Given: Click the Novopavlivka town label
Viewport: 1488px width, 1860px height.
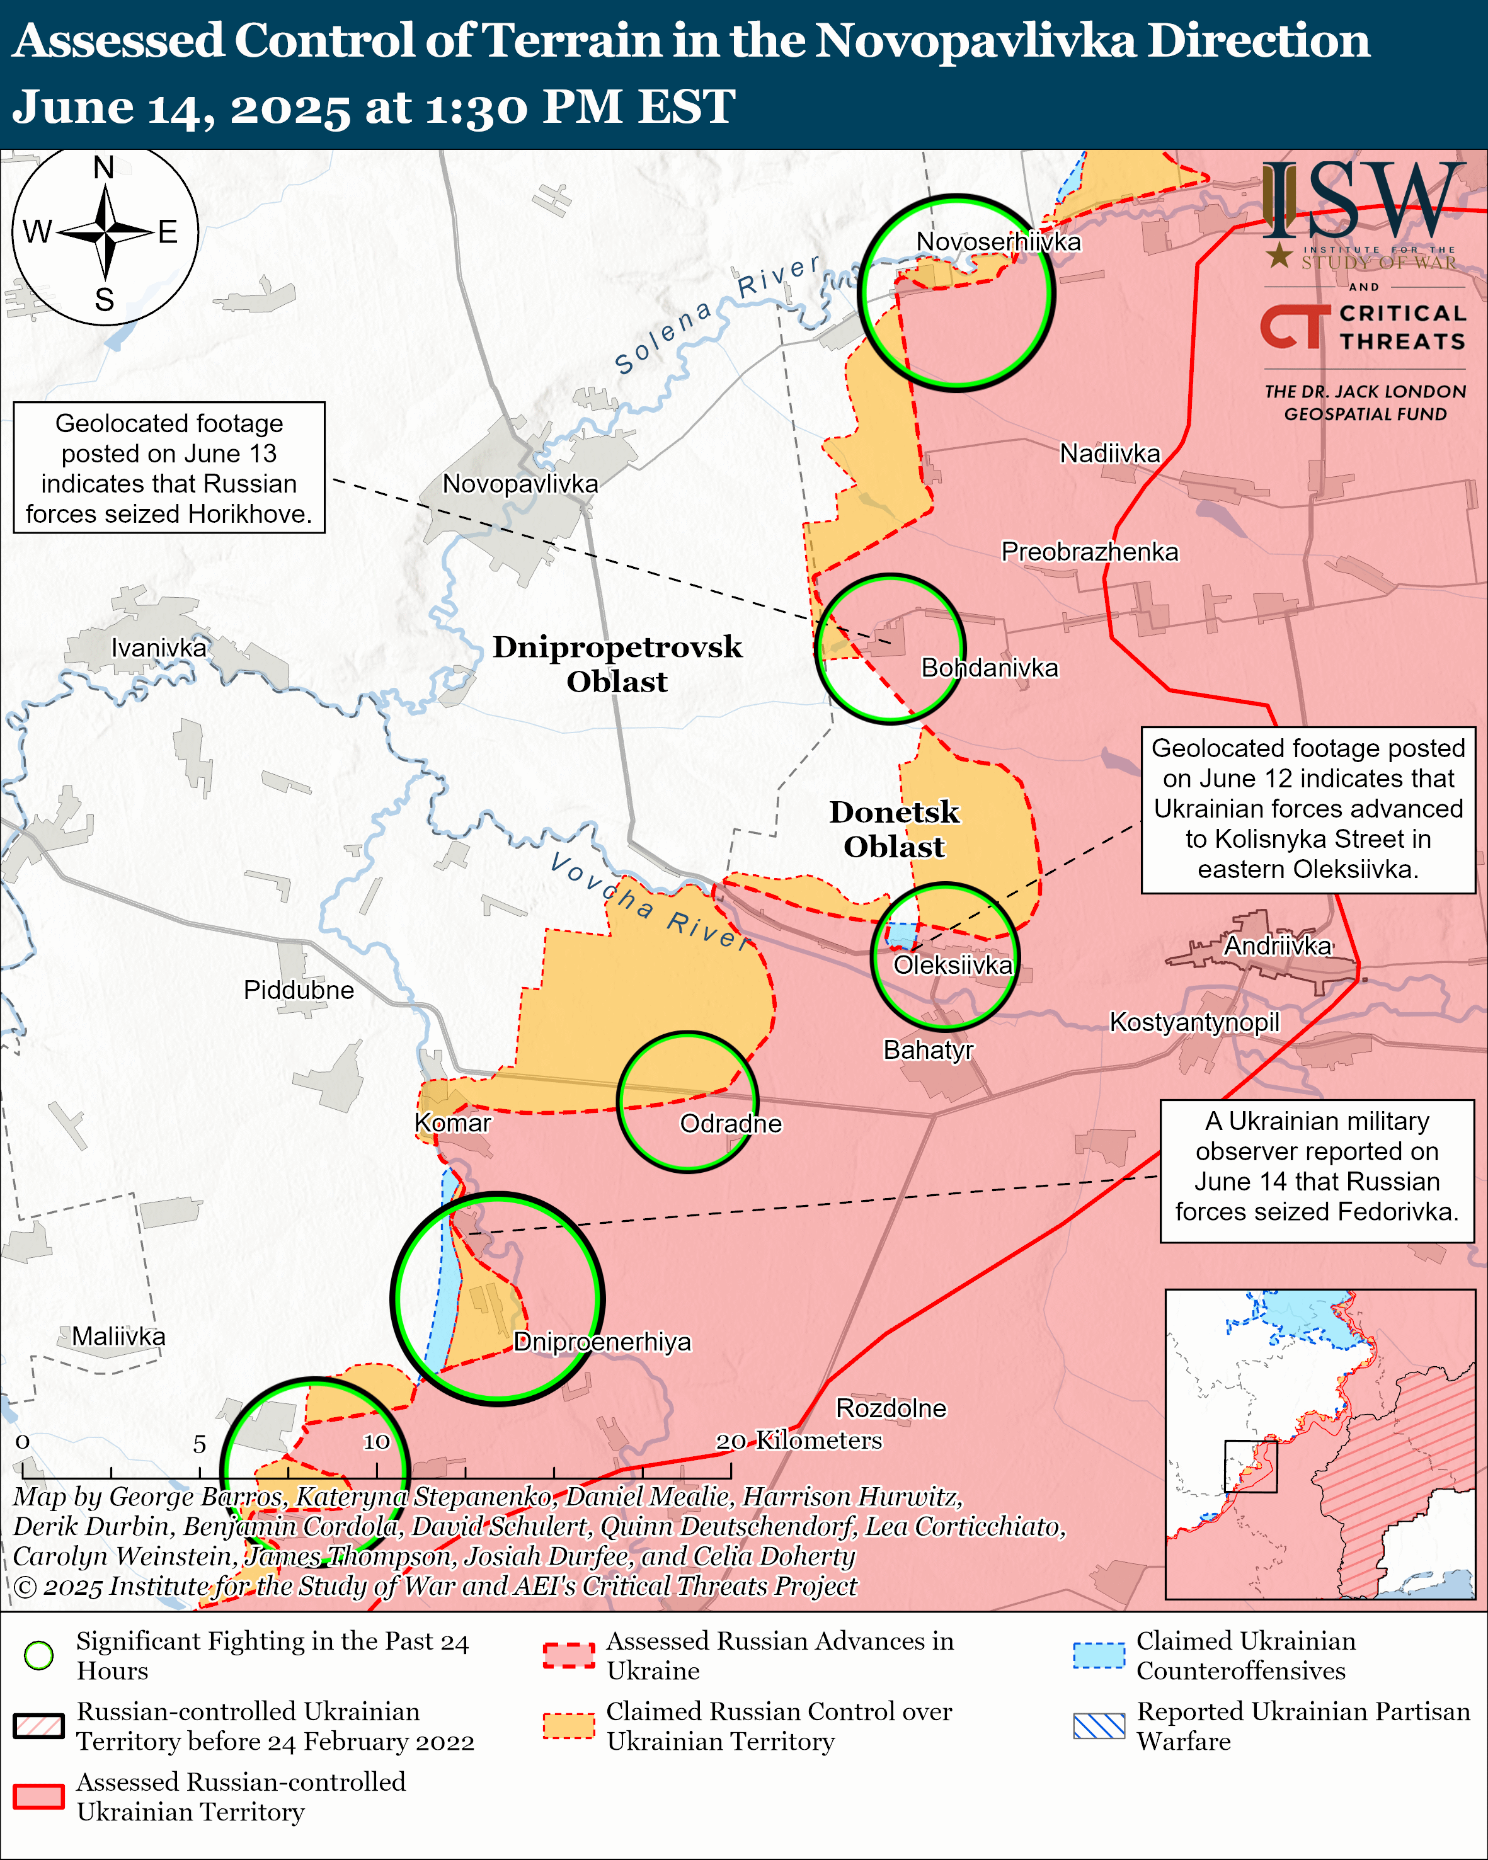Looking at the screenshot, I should [520, 484].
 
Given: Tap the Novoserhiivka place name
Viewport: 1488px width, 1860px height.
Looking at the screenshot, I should [998, 242].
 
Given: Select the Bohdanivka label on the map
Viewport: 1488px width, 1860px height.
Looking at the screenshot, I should [990, 668].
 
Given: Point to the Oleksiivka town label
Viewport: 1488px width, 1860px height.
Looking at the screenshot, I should [953, 964].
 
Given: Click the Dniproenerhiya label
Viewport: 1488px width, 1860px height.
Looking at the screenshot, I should [602, 1342].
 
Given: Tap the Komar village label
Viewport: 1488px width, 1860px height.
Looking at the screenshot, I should [452, 1122].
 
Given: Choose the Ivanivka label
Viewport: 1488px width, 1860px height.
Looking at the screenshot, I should [159, 648].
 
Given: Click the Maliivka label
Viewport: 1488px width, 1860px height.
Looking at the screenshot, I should [118, 1337].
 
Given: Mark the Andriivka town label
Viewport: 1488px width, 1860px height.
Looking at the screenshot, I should [1278, 945].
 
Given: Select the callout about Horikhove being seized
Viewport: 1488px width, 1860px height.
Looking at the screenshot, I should [169, 467].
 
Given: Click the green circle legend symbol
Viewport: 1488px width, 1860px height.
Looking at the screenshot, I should [39, 1655].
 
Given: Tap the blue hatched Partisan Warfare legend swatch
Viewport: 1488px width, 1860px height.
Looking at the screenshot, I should [1099, 1725].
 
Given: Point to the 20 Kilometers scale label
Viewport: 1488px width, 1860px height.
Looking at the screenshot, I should [799, 1440].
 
